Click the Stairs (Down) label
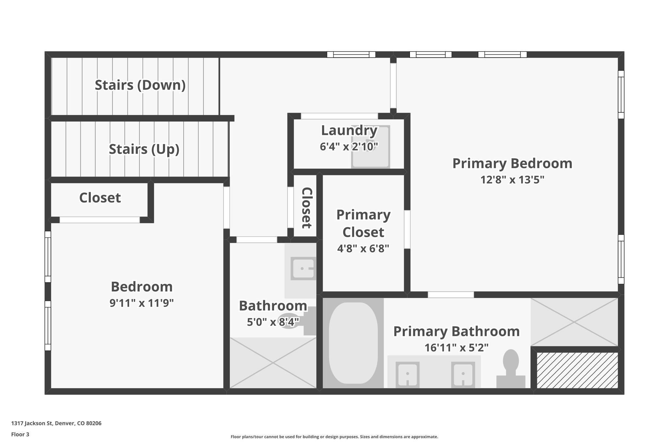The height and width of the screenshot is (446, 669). (140, 85)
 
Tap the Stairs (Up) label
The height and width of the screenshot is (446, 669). (144, 149)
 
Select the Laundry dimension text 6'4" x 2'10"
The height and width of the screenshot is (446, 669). (349, 147)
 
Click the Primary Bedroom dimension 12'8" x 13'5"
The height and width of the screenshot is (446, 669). (512, 180)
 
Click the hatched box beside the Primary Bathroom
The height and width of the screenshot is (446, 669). (577, 370)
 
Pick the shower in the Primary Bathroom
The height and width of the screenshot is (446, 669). (575, 322)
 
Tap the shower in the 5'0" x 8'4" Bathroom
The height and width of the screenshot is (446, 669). (273, 363)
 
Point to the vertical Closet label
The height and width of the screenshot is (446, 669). (306, 208)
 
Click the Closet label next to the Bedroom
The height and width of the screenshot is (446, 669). (100, 198)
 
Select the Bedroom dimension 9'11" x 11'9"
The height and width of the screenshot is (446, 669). (141, 303)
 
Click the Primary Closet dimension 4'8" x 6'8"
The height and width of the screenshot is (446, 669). (363, 249)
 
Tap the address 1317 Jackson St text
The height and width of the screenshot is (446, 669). (56, 423)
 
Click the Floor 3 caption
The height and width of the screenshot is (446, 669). (20, 435)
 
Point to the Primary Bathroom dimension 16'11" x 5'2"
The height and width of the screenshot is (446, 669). (456, 348)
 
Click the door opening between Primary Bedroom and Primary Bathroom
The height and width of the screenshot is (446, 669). (451, 295)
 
